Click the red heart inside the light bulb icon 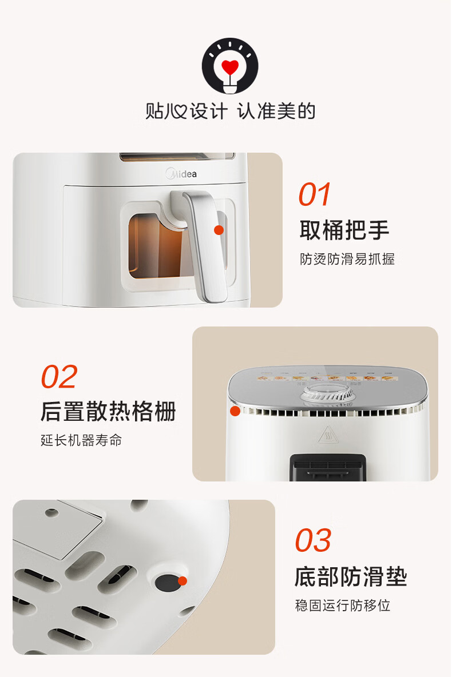230,67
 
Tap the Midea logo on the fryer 181,174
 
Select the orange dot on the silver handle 219,230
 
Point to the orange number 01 315,194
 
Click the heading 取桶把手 344,230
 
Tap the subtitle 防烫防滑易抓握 347,259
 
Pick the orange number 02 59,376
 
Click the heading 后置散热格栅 109,411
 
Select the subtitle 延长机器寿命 81,440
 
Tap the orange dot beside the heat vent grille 235,411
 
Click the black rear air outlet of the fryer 328,468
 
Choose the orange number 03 314,540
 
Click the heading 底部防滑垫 351,576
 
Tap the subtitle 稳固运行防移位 343,606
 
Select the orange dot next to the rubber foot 183,581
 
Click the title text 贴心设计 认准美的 230,111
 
